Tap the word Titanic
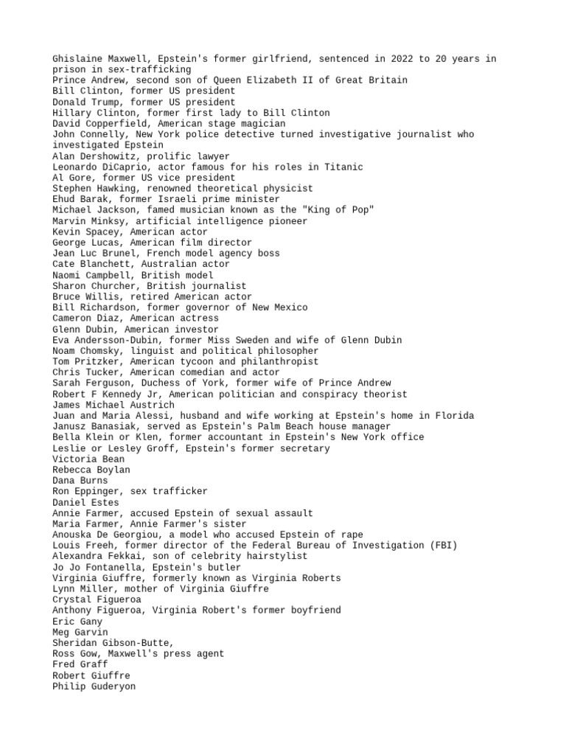(x=343, y=167)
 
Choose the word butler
(x=222, y=568)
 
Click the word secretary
(x=303, y=448)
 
